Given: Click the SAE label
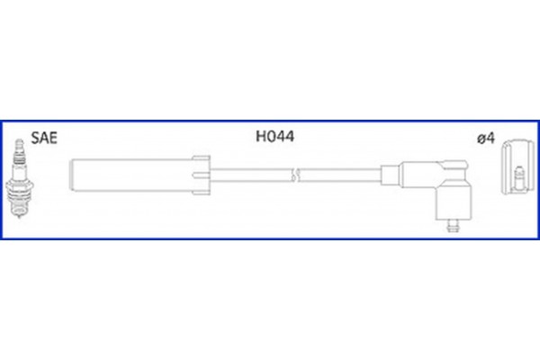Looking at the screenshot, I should pos(44,138).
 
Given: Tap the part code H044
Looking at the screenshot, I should pos(275,137).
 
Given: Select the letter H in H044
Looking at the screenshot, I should pos(261,137).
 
